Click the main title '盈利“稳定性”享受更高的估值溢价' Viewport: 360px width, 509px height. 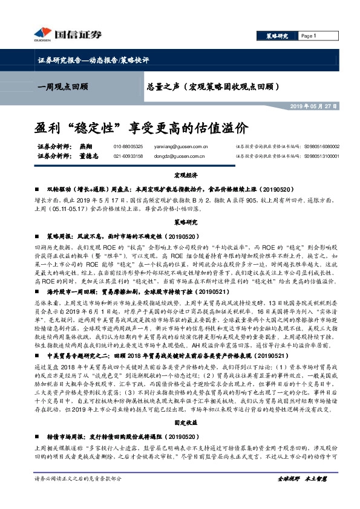click(141, 129)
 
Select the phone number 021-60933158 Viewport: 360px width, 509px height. click(128, 156)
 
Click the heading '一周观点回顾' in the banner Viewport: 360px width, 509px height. click(61, 87)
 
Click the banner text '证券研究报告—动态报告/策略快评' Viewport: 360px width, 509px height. click(90, 60)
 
